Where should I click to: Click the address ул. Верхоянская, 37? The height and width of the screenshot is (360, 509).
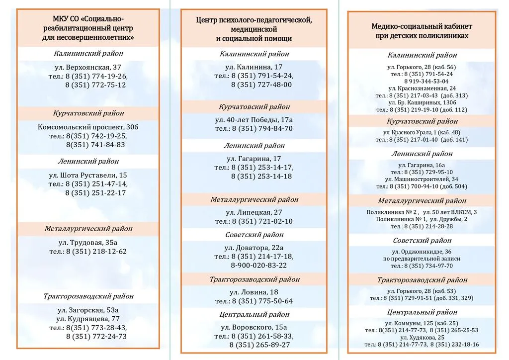point(88,68)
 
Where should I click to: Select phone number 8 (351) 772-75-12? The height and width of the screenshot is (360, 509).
point(95,85)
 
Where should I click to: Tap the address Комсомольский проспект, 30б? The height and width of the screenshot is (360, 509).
point(88,127)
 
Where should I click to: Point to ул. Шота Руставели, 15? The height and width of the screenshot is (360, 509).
point(88,176)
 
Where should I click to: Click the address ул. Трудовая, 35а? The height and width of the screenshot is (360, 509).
point(88,243)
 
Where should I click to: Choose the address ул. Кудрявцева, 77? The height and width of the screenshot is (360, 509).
point(88,319)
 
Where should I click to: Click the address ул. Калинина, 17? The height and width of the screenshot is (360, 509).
point(254,67)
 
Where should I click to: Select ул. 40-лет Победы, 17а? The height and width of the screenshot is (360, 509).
point(254,120)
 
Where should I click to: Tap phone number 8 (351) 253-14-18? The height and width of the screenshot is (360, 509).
point(261,176)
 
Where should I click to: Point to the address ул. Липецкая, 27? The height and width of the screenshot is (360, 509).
point(254,212)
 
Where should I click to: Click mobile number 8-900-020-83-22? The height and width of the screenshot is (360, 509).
point(258,265)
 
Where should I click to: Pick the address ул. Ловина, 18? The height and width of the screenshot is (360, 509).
point(254,292)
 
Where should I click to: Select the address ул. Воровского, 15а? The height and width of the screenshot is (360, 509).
point(254,327)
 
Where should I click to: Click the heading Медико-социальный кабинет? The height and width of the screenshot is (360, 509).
point(422,26)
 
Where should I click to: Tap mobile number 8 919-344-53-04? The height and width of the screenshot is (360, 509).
point(426,81)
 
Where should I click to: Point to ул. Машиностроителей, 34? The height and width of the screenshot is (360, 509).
point(422,179)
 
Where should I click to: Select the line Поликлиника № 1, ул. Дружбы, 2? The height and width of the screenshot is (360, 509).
point(422,219)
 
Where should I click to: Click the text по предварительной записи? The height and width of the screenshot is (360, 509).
point(422,259)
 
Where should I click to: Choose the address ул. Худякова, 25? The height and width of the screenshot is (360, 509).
point(422,337)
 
